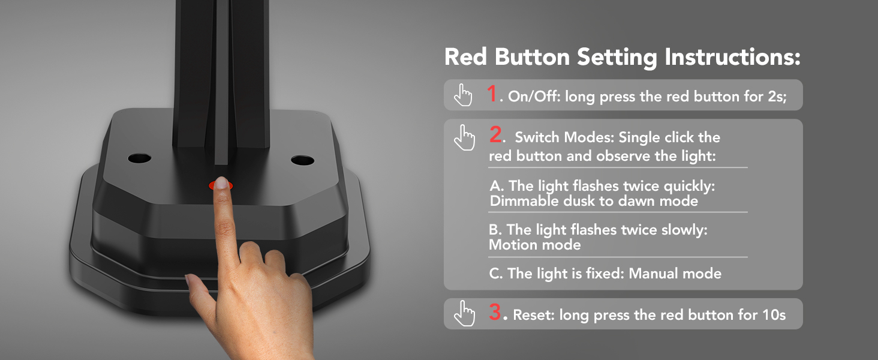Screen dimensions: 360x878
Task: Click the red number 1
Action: pyautogui.click(x=492, y=94)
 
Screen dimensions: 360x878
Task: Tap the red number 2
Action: pyautogui.click(x=496, y=135)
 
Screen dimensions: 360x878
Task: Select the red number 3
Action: pyautogui.click(x=495, y=313)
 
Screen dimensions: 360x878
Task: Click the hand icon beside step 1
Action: pyautogui.click(x=463, y=95)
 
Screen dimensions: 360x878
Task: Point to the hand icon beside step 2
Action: pyautogui.click(x=464, y=137)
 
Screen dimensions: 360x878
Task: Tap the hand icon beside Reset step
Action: pyautogui.click(x=464, y=313)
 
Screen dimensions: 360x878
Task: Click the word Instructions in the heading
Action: pyautogui.click(x=732, y=58)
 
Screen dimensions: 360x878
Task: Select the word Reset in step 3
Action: pyautogui.click(x=534, y=315)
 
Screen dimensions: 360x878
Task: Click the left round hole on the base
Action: pyautogui.click(x=139, y=158)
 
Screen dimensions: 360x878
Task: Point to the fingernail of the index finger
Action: pyautogui.click(x=222, y=184)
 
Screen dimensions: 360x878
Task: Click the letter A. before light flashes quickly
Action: pyautogui.click(x=497, y=187)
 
